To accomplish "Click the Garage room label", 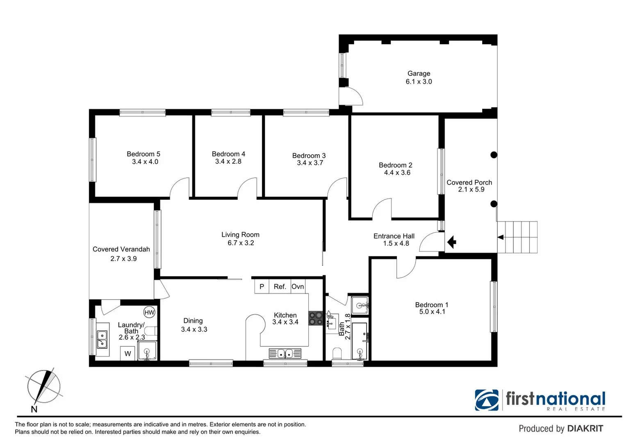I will tap(419, 74).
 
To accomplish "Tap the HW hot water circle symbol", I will tap(150, 313).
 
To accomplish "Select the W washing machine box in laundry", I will tap(128, 354).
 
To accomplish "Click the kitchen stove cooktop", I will tap(316, 319).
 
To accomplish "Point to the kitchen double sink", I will tap(285, 353).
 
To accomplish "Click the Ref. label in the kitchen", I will tap(280, 287).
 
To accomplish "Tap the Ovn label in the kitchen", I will tap(298, 287).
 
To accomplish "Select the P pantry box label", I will tap(262, 287).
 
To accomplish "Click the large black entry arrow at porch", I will tap(451, 242).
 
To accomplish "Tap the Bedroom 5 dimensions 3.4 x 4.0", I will tap(145, 162).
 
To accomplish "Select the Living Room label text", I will tap(240, 235).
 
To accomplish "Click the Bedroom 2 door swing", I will tap(382, 208).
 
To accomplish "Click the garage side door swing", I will tap(352, 96).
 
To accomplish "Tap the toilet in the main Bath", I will tap(337, 353).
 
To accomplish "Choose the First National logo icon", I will tap(487, 400).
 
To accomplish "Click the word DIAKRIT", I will tap(585, 429).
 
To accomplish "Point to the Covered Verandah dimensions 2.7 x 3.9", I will tap(123, 259).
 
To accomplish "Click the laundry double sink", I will tap(102, 340).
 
